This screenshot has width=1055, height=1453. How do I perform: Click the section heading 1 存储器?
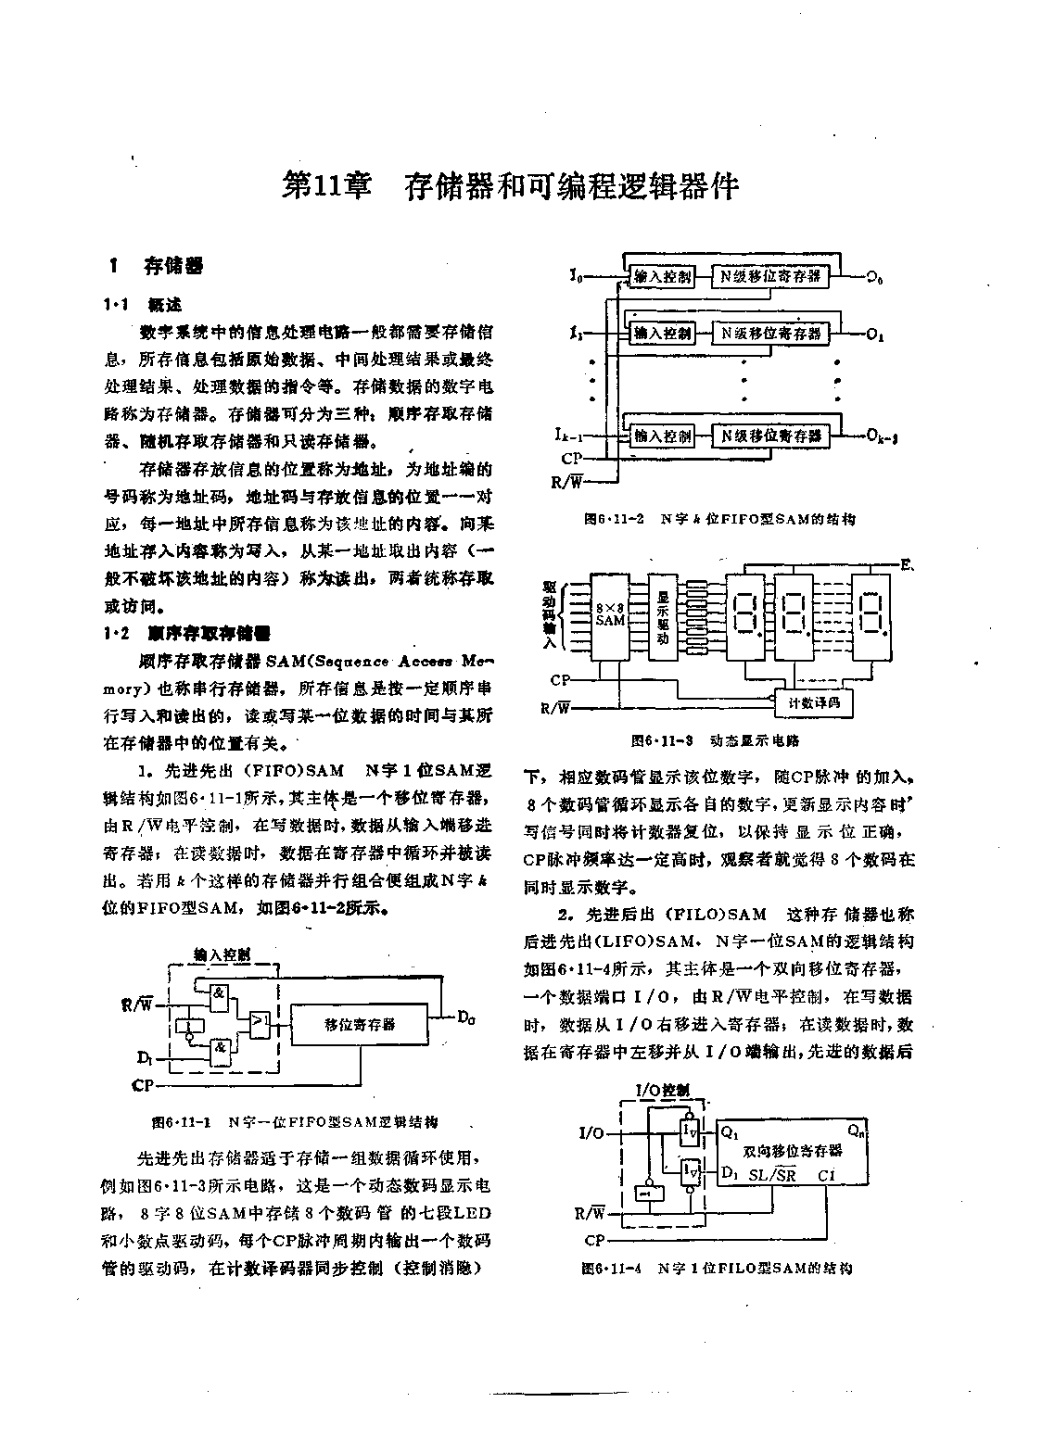[158, 267]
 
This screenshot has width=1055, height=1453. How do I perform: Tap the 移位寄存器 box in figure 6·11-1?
[360, 1024]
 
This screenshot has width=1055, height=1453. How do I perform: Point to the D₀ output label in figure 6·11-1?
[466, 1018]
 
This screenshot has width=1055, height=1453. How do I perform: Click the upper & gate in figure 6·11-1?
[219, 995]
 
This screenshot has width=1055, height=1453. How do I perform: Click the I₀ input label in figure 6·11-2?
[576, 275]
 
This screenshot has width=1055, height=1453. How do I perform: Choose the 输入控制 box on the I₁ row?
[662, 333]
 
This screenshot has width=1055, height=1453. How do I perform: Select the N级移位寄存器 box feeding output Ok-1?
[771, 436]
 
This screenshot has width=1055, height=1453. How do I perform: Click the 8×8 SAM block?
[610, 614]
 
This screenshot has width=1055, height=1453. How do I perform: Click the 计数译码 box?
[813, 703]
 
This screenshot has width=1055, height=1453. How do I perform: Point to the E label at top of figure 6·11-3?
[904, 562]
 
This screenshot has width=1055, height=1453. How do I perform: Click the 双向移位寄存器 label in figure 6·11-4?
[793, 1150]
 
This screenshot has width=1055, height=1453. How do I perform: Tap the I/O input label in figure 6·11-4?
[591, 1133]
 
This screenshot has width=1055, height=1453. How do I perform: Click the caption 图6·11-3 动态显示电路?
[715, 740]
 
